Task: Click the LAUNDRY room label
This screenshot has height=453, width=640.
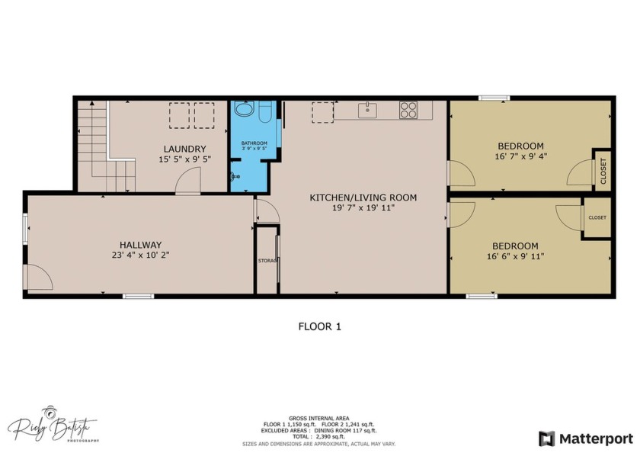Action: [x=184, y=149]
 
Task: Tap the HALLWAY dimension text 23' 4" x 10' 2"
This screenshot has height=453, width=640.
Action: [x=139, y=255]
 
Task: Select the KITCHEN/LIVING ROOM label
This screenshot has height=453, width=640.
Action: [x=363, y=198]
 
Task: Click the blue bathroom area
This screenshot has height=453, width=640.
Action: [x=251, y=164]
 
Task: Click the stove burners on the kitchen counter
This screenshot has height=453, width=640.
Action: [x=408, y=110]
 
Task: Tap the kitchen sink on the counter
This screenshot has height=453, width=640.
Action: [x=368, y=110]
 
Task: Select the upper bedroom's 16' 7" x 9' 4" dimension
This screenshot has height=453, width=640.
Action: [x=520, y=157]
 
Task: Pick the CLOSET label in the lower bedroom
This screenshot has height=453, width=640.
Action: [x=597, y=217]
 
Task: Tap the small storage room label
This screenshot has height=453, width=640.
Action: [x=267, y=261]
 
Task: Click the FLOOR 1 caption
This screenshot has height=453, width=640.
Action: [x=319, y=326]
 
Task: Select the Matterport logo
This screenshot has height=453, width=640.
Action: [x=586, y=438]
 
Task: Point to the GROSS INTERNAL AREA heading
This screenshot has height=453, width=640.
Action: [x=319, y=418]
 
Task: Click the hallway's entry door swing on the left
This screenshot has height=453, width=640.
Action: [x=38, y=277]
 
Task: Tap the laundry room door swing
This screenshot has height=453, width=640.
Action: [x=187, y=182]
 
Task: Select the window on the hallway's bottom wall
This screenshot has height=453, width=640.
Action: [x=138, y=296]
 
